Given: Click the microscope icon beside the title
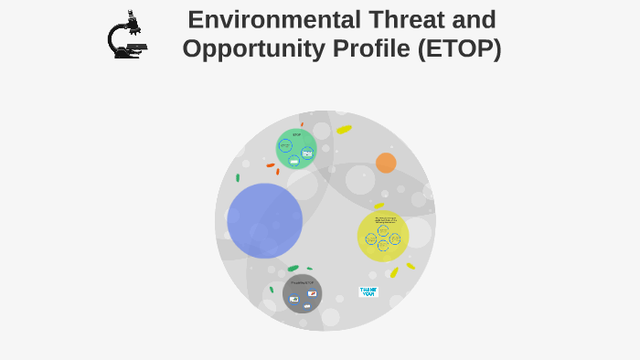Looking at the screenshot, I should (126, 36).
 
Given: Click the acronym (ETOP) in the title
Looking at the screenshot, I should (459, 48).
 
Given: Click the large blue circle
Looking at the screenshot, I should (264, 220).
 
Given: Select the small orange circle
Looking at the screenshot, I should (386, 163).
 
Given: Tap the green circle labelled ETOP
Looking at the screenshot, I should (296, 149).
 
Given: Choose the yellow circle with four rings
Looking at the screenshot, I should (382, 236).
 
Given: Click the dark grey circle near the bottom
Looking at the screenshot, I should (302, 293).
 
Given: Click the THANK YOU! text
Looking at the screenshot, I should (368, 291).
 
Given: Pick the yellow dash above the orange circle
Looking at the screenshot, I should (344, 130).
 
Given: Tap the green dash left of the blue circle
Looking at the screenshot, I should (238, 177).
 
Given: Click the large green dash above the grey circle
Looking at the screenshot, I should (293, 269).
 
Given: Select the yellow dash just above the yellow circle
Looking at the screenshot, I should (379, 206).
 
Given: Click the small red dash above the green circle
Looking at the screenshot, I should (302, 124).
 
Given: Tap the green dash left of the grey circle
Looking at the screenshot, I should (272, 290).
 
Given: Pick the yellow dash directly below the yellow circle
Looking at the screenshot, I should (394, 272).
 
